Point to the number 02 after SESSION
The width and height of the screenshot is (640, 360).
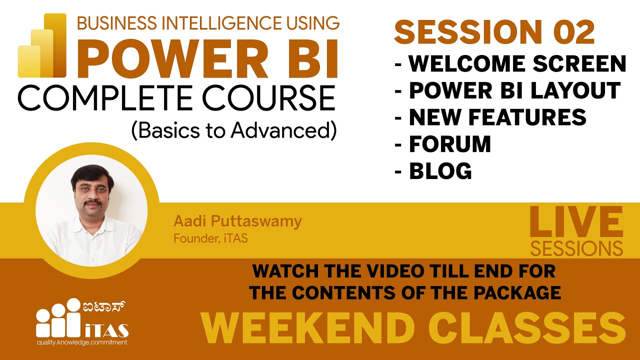[573, 33]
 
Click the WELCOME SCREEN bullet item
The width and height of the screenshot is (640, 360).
[517, 63]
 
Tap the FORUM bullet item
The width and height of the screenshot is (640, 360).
[449, 144]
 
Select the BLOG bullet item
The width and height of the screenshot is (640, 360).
[440, 171]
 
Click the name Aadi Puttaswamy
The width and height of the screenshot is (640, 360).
[237, 221]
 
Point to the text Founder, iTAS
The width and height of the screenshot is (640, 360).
[210, 238]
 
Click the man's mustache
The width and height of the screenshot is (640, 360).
[90, 204]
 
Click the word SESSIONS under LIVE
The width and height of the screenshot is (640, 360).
[576, 248]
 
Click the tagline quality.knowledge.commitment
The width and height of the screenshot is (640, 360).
[81, 342]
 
